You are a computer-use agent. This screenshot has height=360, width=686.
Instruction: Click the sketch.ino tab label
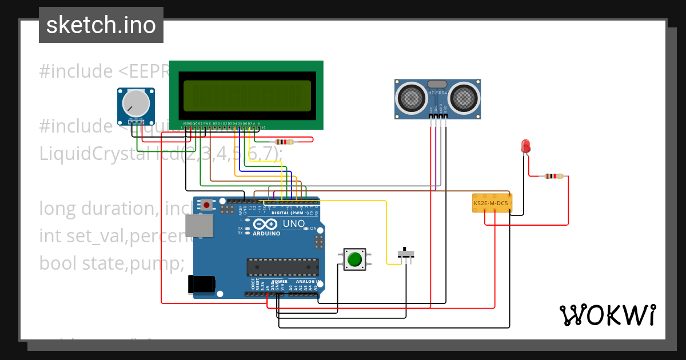tap(101, 25)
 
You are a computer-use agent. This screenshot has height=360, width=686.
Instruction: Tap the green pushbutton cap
tap(354, 259)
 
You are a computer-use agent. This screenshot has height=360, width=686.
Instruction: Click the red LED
tap(526, 146)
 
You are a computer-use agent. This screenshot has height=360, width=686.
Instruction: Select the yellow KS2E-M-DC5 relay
tap(492, 203)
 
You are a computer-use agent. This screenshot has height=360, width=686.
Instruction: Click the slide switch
tap(406, 254)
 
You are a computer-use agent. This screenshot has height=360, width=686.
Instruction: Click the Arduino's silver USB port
tap(200, 226)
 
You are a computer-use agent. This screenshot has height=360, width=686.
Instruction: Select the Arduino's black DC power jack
tap(202, 284)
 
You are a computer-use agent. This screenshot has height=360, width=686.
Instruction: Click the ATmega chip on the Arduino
tap(282, 267)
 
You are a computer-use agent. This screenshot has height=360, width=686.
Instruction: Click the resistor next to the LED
tap(553, 176)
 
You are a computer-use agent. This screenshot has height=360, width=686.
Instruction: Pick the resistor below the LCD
tap(284, 142)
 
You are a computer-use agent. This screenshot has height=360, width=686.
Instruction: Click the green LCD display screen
tap(246, 95)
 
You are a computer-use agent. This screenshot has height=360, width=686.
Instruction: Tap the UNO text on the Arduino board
tap(294, 224)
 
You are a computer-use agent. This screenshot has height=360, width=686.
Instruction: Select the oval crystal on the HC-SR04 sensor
tap(437, 84)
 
